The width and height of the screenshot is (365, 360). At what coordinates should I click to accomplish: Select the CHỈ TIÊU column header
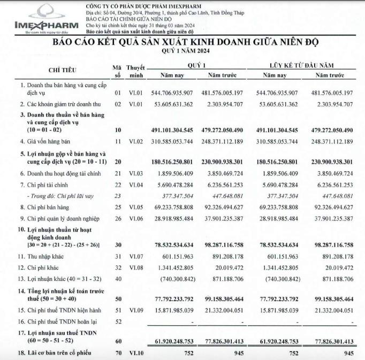(62, 70)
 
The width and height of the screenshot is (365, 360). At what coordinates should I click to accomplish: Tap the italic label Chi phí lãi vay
(57, 196)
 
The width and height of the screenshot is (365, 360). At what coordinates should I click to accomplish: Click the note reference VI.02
(133, 141)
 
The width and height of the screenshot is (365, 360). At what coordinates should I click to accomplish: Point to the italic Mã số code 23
(118, 196)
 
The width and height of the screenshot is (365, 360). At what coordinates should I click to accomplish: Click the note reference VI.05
(133, 205)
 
